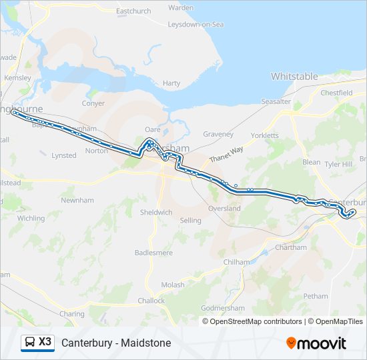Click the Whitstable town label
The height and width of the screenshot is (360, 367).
tap(294, 77)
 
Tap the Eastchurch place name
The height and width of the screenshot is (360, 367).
tap(133, 11)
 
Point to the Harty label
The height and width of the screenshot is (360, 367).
tap(171, 83)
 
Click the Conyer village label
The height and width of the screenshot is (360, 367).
tap(93, 103)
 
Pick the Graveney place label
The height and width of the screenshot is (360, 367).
tap(218, 134)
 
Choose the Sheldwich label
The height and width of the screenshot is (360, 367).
tap(156, 212)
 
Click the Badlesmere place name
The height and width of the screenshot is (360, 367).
tap(153, 253)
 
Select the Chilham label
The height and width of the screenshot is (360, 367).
tap(236, 262)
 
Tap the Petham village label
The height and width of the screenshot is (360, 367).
tap(316, 296)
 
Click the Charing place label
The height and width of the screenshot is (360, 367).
tap(71, 314)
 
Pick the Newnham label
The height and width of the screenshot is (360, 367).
tap(77, 200)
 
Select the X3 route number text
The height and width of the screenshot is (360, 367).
tap(45, 342)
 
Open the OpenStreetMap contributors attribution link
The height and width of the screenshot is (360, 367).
tap(253, 321)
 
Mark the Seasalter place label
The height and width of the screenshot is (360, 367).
tap(276, 101)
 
